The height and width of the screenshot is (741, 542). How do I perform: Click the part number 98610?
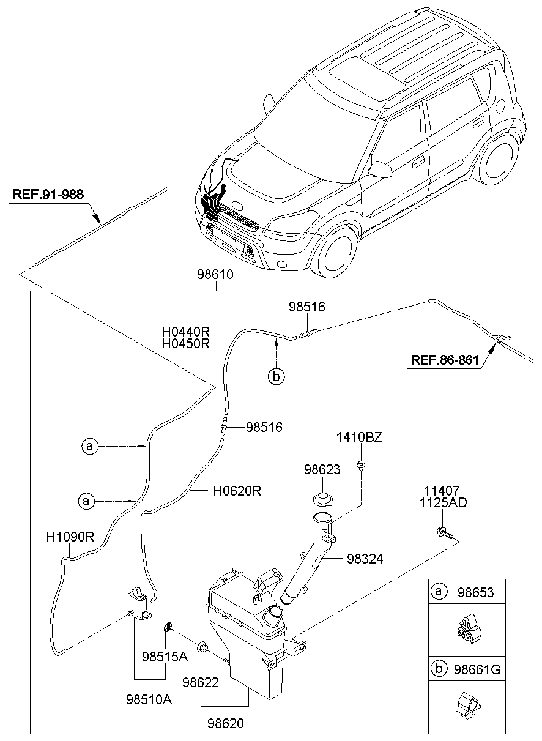215,275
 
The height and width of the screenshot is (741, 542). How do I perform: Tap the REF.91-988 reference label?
48,195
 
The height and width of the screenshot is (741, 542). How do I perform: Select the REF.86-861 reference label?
444,360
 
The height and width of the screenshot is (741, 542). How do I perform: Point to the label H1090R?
70,538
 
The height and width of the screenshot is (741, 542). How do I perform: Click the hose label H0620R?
237,491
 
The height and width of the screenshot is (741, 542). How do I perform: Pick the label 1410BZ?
359,438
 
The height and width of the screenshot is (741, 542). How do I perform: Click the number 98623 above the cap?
322,469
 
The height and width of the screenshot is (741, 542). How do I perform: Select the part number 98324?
365,559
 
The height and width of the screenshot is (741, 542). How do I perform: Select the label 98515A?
165,657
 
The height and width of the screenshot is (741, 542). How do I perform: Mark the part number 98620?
226,723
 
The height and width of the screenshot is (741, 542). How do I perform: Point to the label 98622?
201,682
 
